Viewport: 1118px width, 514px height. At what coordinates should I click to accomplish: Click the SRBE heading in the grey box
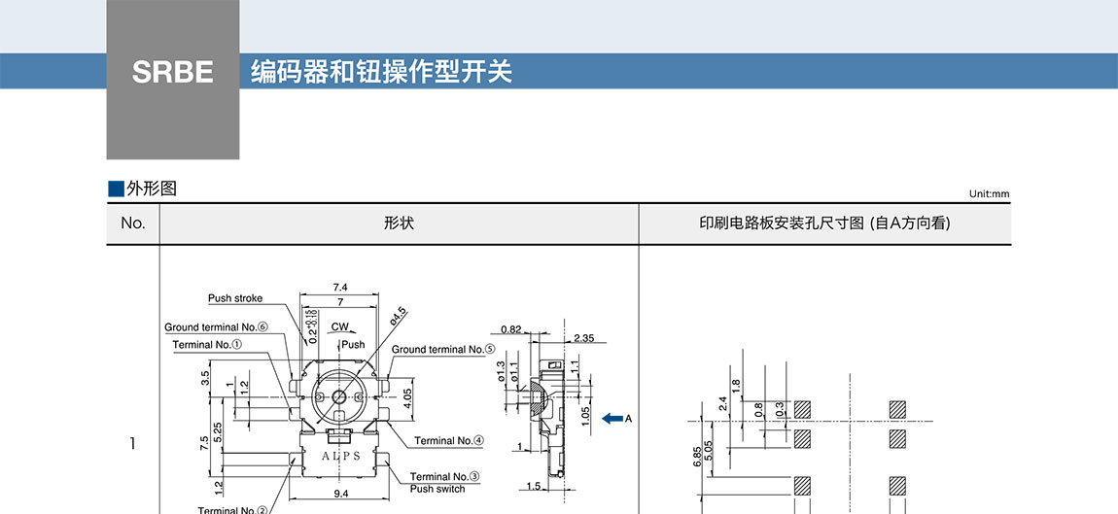point(172,73)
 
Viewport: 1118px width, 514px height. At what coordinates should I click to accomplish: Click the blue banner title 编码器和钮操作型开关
point(381,72)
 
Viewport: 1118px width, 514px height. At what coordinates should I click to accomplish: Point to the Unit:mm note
point(989,193)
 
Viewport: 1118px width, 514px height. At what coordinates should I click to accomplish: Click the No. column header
point(133,223)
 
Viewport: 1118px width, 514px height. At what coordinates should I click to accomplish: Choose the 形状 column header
point(399,223)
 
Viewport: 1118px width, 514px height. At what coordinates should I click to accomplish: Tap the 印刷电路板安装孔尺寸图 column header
point(824,223)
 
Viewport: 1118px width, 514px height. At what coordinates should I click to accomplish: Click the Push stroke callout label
point(235,298)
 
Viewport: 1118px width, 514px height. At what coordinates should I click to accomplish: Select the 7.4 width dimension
point(340,288)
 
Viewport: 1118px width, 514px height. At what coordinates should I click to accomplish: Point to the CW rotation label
point(339,326)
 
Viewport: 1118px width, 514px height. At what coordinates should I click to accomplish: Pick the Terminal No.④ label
point(449,440)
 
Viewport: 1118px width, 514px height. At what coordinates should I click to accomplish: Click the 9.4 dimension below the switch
point(341,494)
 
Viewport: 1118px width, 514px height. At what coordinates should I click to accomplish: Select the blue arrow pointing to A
point(611,419)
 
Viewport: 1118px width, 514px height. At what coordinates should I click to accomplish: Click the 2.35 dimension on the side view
point(583,338)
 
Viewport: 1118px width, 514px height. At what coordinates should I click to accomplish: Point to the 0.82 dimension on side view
point(513,330)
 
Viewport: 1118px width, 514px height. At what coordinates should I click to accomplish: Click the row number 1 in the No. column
point(132,444)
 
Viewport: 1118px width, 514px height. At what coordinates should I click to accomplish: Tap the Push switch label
point(437,489)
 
